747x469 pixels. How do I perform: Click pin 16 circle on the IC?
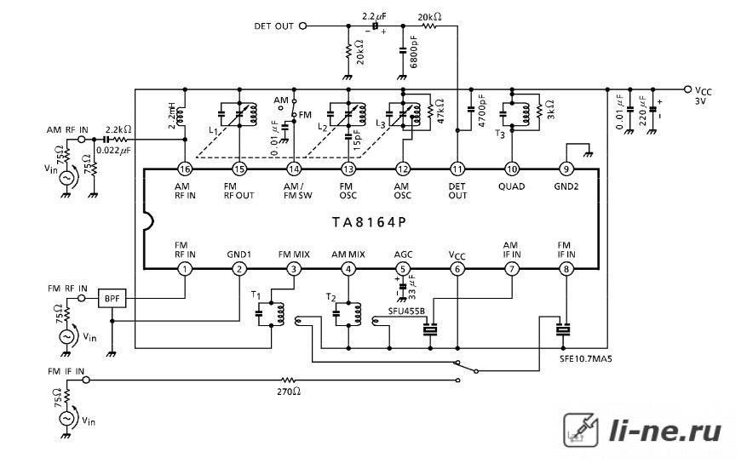185,169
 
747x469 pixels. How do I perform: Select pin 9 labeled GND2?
566,169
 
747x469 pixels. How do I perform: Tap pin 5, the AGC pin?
403,269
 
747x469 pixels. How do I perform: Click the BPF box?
112,299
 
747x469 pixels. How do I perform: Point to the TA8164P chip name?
369,222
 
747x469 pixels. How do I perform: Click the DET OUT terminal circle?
303,26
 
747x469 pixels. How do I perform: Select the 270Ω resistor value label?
289,392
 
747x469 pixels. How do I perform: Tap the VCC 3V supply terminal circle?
687,89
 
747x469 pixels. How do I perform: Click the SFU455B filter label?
406,311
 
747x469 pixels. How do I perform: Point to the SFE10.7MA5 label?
586,359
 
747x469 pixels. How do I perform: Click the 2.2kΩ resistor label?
118,129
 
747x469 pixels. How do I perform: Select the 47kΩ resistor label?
440,111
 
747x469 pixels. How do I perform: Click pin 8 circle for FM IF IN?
566,269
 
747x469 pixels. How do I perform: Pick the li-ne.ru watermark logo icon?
581,430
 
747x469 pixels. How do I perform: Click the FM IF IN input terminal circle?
86,380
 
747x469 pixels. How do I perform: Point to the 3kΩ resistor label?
549,110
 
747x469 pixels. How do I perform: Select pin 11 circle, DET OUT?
457,169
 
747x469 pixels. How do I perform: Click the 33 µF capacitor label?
412,286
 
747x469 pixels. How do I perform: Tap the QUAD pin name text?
512,186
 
